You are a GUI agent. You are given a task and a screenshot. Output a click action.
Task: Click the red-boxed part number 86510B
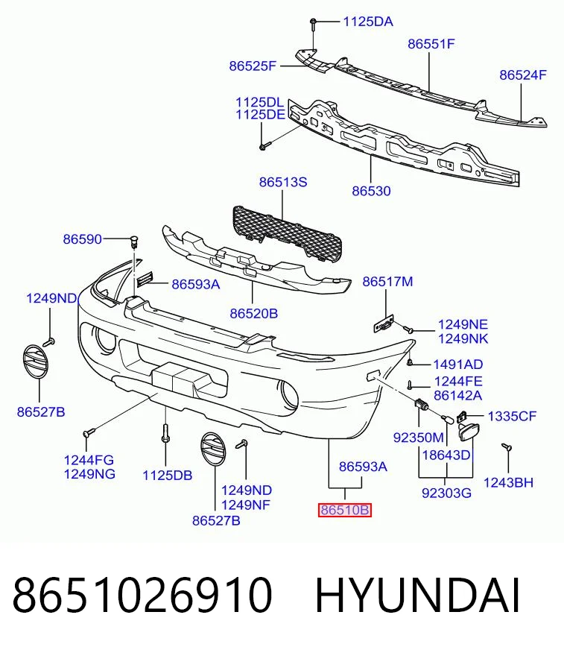click(345, 509)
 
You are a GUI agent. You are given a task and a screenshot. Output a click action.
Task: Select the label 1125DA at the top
click(368, 22)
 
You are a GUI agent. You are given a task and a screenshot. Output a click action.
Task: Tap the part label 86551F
click(431, 44)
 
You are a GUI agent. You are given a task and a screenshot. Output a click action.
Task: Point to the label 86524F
click(523, 75)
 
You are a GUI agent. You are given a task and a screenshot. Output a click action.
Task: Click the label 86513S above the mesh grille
click(283, 182)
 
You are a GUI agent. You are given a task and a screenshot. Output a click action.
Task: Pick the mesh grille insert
click(288, 234)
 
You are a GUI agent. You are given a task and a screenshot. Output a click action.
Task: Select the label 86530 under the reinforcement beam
click(371, 191)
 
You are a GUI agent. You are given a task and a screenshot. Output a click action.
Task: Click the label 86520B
click(253, 314)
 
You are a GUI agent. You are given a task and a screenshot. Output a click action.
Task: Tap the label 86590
click(83, 239)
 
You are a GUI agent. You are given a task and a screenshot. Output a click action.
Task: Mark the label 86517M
click(388, 282)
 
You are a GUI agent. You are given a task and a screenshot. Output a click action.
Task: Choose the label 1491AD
click(458, 365)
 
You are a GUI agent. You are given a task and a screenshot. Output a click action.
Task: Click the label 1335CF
click(512, 416)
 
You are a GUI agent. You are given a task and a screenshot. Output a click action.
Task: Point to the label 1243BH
click(508, 482)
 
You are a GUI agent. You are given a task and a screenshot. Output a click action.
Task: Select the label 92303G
click(447, 493)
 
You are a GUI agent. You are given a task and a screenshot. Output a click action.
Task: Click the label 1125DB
click(168, 476)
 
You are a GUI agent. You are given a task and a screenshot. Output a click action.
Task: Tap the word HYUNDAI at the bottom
click(418, 596)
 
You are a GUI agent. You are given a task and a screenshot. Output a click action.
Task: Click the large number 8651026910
click(142, 596)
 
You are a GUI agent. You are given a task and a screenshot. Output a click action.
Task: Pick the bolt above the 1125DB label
click(165, 433)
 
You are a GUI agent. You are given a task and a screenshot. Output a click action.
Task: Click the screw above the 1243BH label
click(507, 447)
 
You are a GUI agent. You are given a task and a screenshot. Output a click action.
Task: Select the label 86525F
click(253, 66)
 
